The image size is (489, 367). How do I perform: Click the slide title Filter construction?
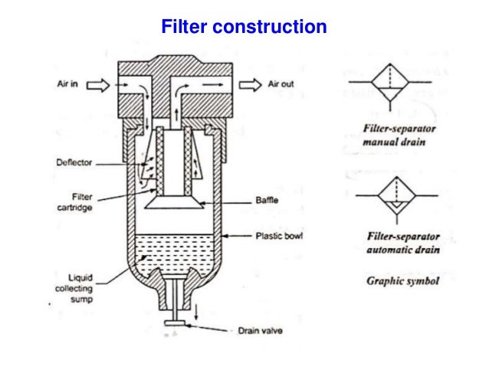coord(244,28)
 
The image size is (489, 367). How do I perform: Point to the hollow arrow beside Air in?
coord(97,87)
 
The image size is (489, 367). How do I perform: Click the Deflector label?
coord(73,162)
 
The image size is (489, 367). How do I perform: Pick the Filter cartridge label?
coord(77,201)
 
